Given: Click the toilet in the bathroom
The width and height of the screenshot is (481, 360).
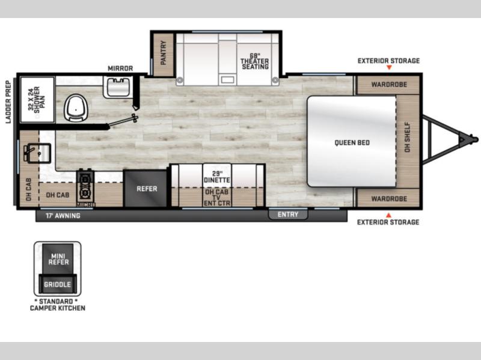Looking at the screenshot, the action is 76,108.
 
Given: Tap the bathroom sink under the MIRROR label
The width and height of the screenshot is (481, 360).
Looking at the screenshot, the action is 118,87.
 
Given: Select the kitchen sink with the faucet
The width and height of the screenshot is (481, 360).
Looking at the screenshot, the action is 38,153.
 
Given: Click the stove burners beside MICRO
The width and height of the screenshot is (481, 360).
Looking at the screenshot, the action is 85,186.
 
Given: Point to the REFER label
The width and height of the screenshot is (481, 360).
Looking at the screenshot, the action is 147,189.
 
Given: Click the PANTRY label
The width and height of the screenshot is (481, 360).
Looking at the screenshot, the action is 163,53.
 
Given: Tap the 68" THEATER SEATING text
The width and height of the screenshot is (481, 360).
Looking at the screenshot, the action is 254,61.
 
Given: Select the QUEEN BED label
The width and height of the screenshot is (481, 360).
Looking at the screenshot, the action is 352,142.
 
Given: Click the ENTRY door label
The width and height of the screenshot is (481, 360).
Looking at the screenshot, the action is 288,215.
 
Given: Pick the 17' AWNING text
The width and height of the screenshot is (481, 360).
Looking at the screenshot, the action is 63,216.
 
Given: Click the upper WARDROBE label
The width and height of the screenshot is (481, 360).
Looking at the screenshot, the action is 389,84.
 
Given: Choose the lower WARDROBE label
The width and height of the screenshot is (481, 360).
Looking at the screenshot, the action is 389,199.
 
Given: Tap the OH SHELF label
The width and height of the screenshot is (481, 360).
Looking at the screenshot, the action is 407,137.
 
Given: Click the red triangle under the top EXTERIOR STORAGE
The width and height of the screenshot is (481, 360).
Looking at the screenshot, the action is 389,67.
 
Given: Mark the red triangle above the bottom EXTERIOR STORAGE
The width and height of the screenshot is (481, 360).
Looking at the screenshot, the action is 388,215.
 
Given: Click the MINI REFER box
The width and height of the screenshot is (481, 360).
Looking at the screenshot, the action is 58,259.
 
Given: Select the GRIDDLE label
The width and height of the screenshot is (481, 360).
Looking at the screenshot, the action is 57,284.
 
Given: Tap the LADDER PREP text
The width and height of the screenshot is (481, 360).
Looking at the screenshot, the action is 8,102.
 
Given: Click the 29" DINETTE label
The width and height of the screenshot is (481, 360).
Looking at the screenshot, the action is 217,177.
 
